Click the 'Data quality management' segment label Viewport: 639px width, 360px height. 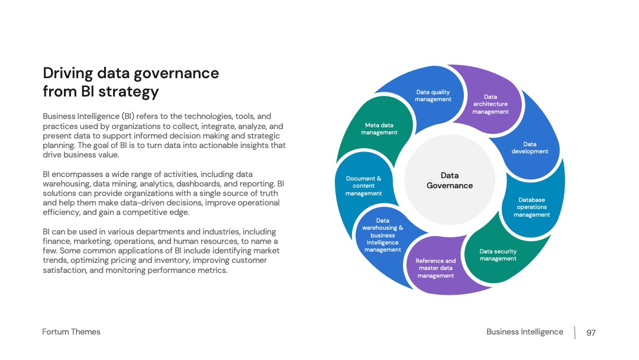click(x=433, y=96)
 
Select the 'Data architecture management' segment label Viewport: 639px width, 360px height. click(x=490, y=104)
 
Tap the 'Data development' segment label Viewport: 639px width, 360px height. click(x=530, y=147)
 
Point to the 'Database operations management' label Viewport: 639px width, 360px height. click(x=531, y=207)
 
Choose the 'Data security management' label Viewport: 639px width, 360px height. click(x=498, y=255)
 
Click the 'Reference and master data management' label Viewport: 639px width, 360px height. click(x=435, y=268)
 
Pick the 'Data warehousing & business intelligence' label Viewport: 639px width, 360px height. click(x=383, y=235)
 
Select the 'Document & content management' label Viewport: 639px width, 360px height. click(x=363, y=186)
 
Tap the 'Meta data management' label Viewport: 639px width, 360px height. click(x=379, y=129)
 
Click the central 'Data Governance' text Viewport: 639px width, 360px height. click(x=450, y=180)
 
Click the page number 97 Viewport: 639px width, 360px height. click(x=591, y=333)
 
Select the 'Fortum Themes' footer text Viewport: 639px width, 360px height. click(x=72, y=332)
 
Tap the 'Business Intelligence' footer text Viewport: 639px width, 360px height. click(x=524, y=332)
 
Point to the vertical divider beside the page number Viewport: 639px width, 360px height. click(x=575, y=332)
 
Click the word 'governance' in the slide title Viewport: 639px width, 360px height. click(x=176, y=73)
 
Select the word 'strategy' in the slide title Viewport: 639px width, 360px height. click(x=129, y=92)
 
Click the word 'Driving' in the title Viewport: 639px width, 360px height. click(x=68, y=73)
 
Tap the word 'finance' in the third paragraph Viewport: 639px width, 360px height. click(x=57, y=242)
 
